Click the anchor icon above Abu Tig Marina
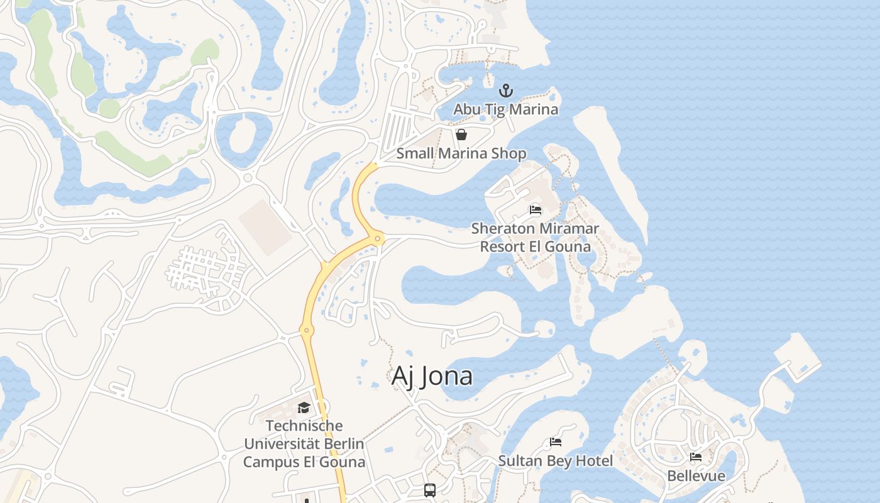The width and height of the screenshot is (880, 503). (506, 91)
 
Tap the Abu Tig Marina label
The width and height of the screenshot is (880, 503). (506, 109)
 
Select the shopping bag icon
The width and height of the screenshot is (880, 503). (461, 135)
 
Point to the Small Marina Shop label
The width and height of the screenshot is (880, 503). (461, 153)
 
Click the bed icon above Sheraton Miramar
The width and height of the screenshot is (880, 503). (536, 209)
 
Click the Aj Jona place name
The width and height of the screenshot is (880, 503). (432, 376)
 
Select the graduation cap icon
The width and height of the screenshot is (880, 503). (304, 408)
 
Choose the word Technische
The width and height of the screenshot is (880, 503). (304, 426)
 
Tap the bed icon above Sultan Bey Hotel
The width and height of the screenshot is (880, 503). (556, 442)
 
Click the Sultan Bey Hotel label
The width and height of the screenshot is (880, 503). (556, 461)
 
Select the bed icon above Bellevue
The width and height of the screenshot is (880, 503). (696, 457)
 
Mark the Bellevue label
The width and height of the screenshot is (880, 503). (696, 476)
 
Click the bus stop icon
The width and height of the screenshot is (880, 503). (430, 490)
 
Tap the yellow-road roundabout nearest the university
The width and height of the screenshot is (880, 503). (307, 329)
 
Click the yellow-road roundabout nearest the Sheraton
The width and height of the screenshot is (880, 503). (377, 238)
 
